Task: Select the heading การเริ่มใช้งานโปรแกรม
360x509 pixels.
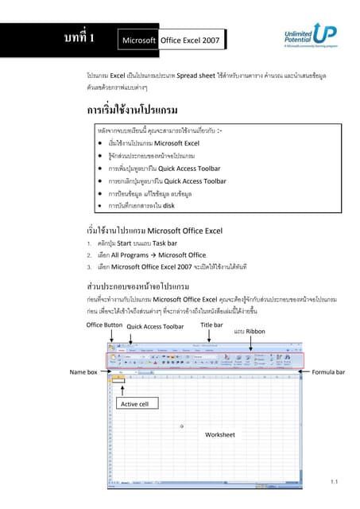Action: (x=131, y=108)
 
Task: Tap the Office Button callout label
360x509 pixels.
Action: (x=104, y=325)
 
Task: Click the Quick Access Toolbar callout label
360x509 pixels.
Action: (x=155, y=326)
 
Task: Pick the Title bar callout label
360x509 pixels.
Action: (x=211, y=325)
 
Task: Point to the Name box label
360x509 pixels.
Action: (x=83, y=371)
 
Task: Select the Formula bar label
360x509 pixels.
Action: (x=328, y=371)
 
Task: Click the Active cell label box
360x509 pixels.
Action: (x=134, y=404)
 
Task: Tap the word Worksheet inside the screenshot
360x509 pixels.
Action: (x=220, y=435)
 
